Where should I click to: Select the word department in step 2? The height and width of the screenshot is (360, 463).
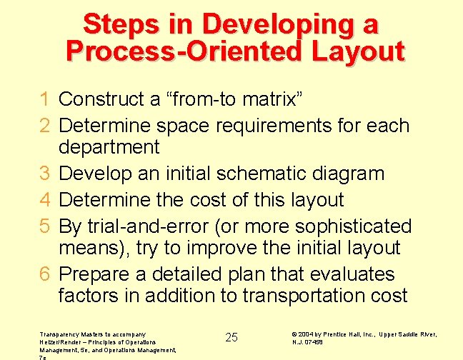pyautogui.click(x=109, y=148)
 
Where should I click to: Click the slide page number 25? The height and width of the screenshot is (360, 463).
pyautogui.click(x=231, y=337)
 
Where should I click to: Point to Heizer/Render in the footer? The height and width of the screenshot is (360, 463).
pyautogui.click(x=56, y=341)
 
